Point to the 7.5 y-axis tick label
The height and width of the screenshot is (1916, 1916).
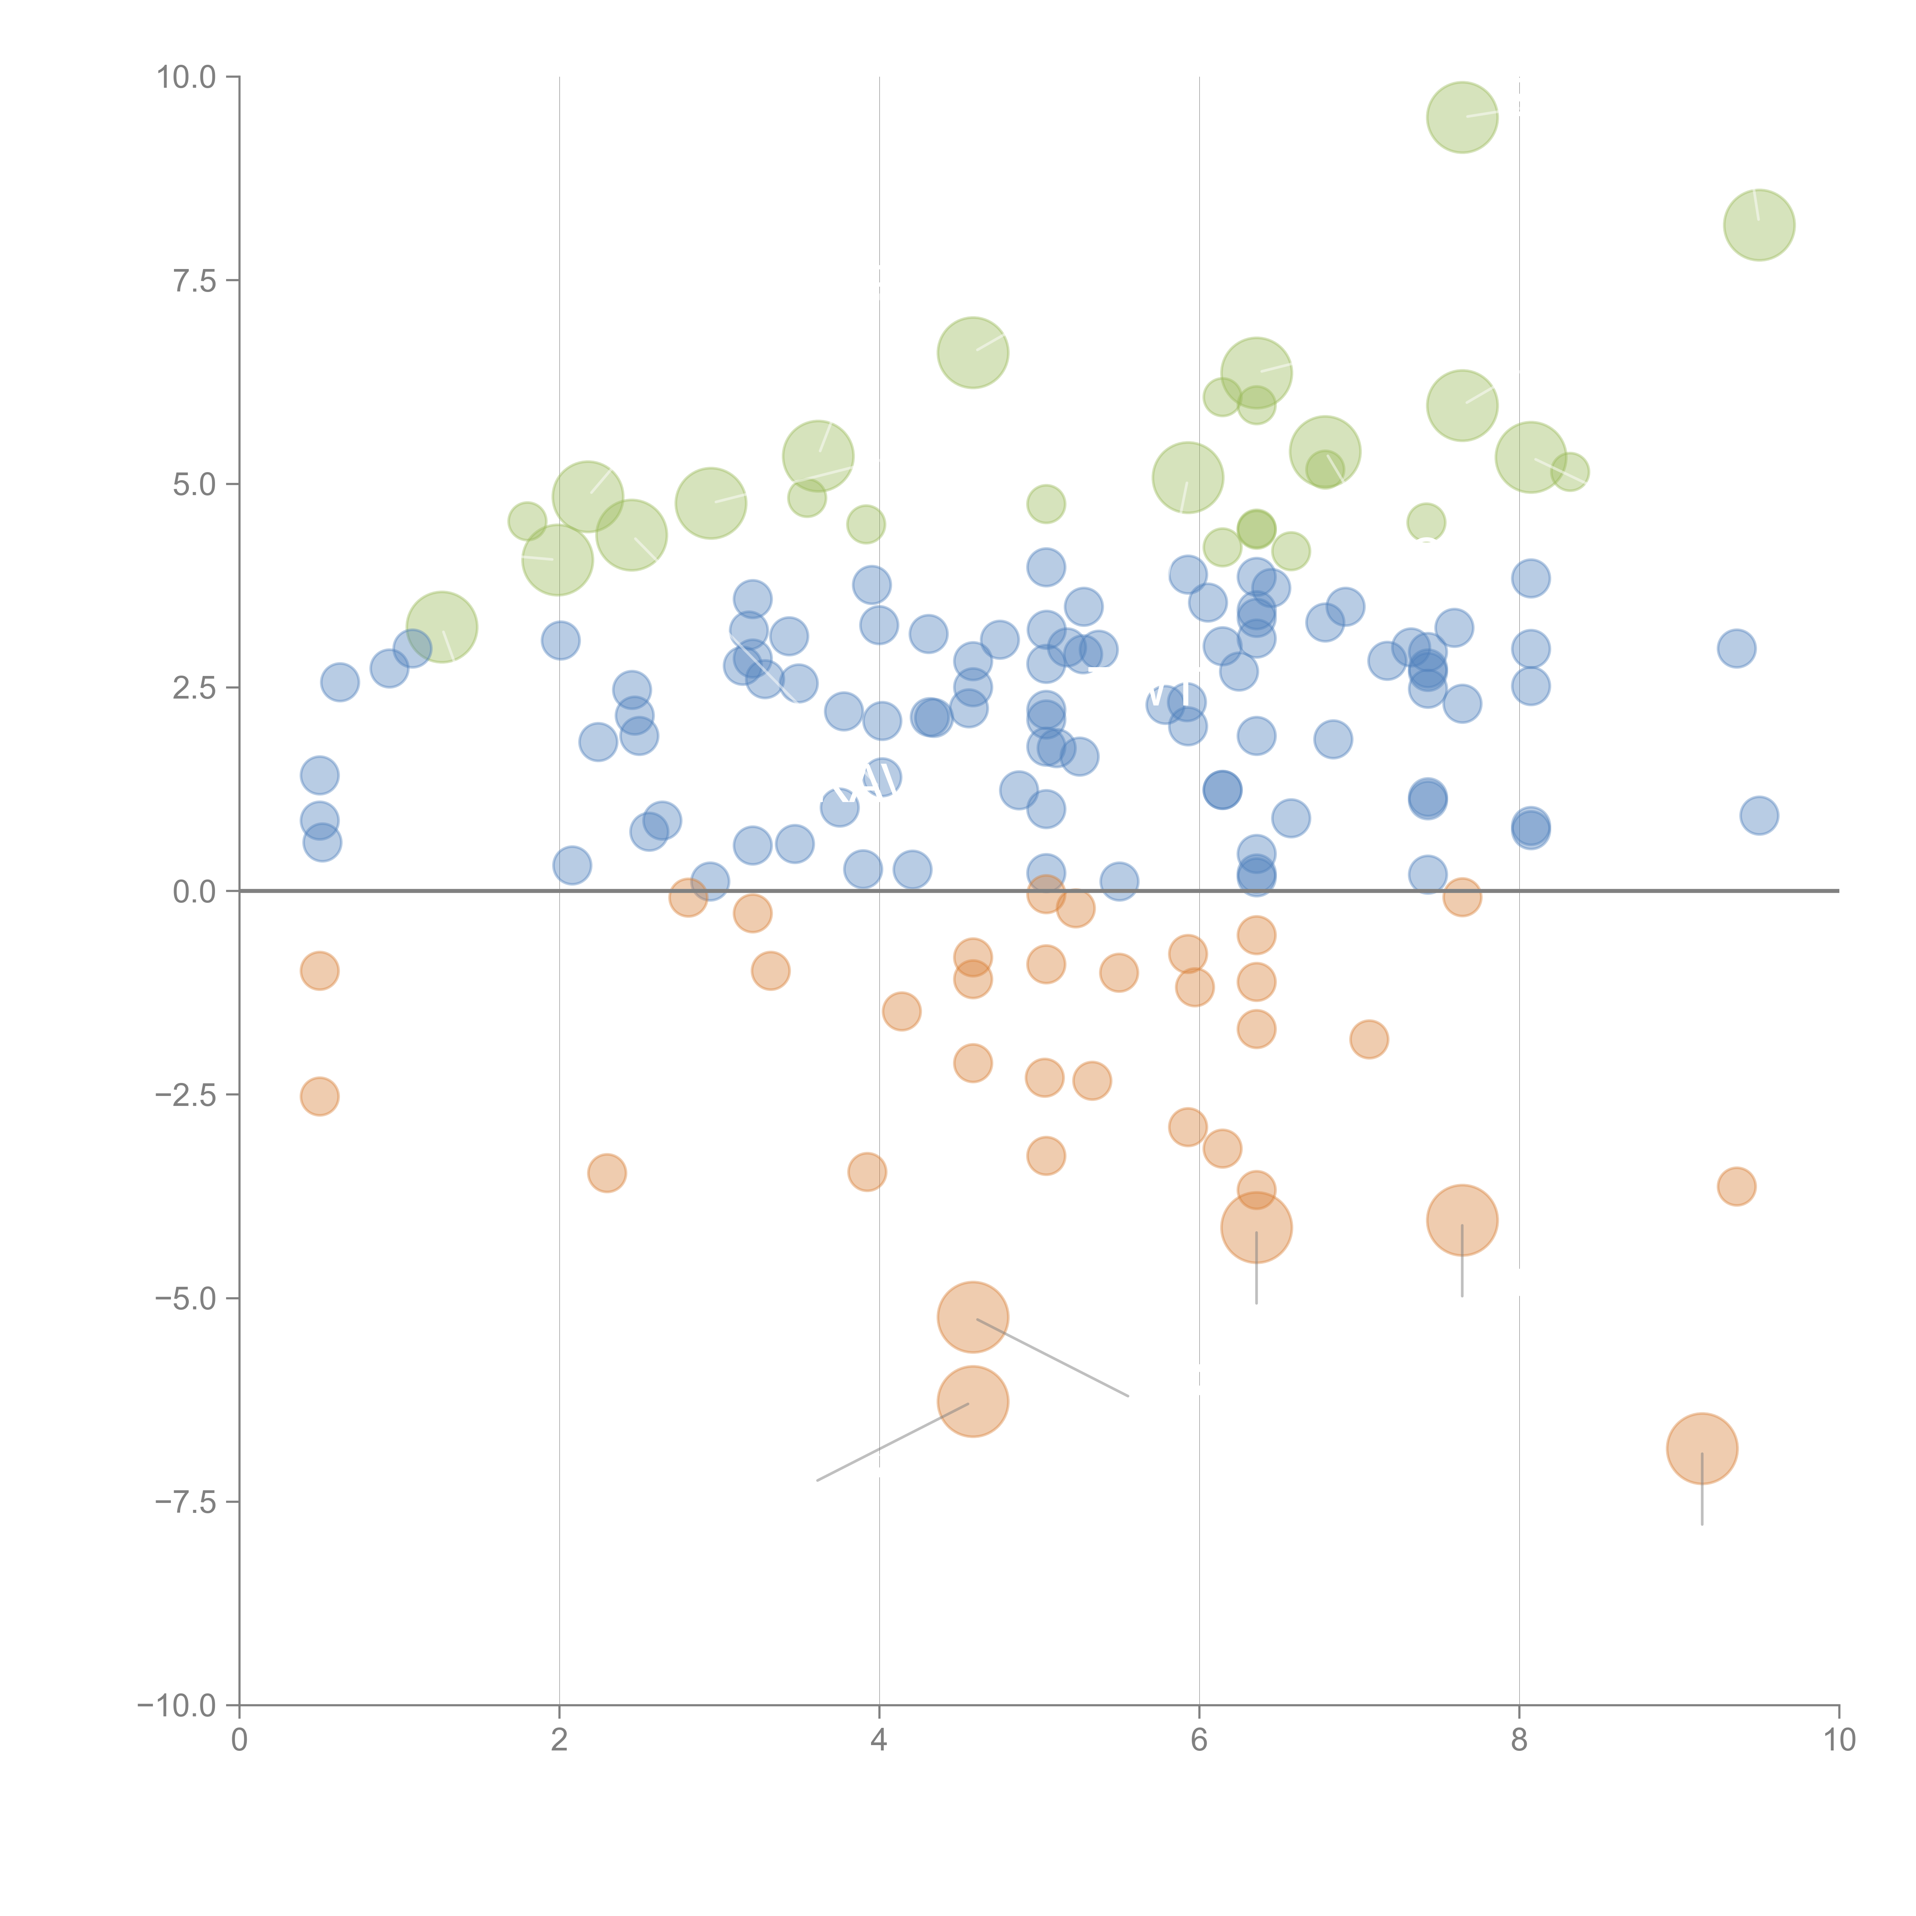click(x=194, y=281)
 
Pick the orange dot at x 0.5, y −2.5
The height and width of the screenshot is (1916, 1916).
click(x=319, y=1096)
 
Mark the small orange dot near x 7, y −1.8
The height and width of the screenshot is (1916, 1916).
click(x=1368, y=1039)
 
